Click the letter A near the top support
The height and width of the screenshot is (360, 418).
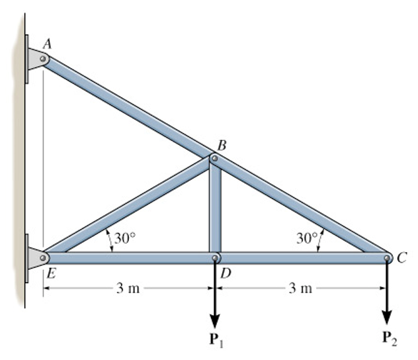point(48,44)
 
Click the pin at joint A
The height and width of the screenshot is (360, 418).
point(43,59)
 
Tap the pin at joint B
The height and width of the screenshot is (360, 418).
point(214,159)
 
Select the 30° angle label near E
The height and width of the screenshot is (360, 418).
point(124,239)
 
